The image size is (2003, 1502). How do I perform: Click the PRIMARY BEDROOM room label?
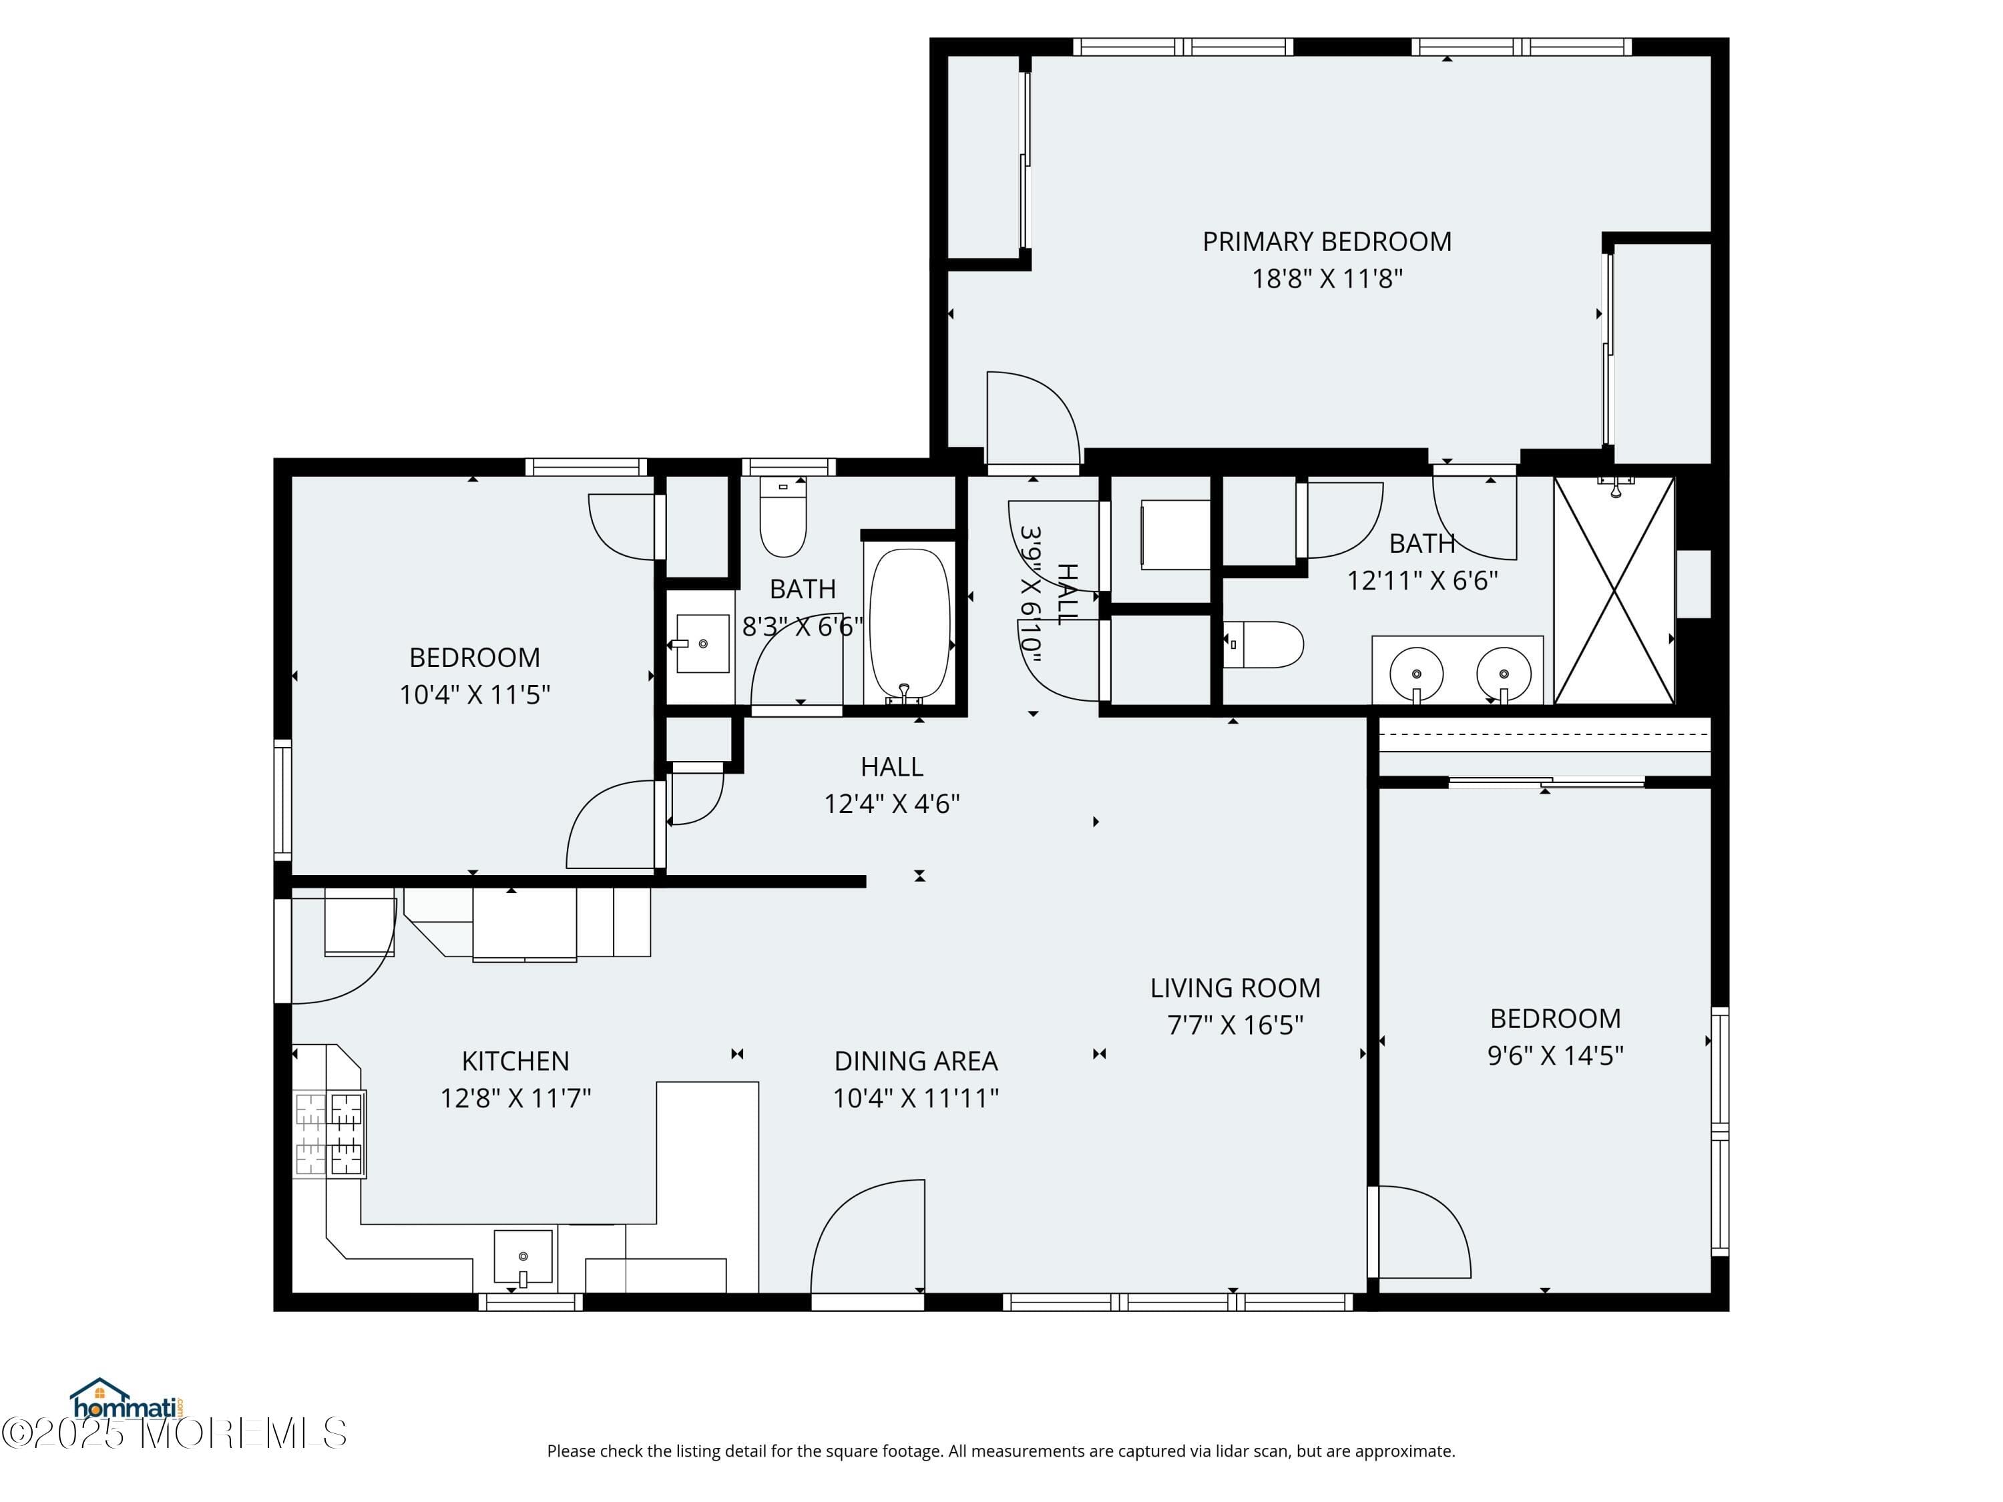coord(1326,242)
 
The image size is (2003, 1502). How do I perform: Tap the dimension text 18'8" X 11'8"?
coord(1326,279)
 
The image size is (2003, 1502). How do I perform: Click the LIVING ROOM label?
coord(1235,988)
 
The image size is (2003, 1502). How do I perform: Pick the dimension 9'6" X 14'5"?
coord(1555,1055)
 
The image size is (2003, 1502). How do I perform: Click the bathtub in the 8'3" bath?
coord(909,622)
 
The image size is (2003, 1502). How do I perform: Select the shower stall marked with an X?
coord(1614,590)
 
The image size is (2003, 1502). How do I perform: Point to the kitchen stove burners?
coord(330,1134)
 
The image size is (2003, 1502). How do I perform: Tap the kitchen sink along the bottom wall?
coord(523,1256)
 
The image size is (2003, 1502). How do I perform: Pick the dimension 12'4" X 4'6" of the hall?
coord(891,804)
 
